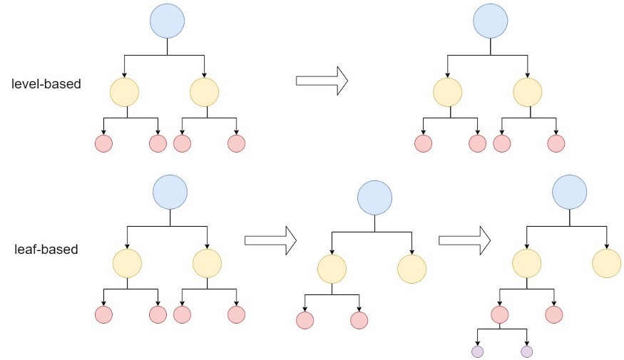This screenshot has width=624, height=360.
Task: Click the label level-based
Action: pos(46,83)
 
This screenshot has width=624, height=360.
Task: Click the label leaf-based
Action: pos(46,250)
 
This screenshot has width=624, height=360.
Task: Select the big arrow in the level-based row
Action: pos(321,81)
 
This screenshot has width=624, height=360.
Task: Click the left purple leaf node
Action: pos(477,351)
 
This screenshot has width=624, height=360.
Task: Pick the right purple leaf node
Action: pos(526,351)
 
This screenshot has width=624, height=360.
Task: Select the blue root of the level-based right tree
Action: pos(490,21)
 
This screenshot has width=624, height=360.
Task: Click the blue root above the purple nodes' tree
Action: pos(569,192)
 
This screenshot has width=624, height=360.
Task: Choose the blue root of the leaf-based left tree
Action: pos(170,192)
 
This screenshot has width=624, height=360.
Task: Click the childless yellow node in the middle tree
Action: pos(411,269)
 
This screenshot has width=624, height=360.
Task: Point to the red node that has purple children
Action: pos(499,314)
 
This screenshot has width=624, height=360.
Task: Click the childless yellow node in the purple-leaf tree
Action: pos(606,264)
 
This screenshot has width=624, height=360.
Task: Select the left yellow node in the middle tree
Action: pos(332,269)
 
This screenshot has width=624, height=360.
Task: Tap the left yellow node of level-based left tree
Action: pos(125,92)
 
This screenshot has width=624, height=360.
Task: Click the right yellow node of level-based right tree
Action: pos(528,92)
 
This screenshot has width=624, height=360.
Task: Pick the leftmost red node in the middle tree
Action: pos(305,320)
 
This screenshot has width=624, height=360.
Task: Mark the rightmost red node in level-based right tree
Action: pos(556,143)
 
